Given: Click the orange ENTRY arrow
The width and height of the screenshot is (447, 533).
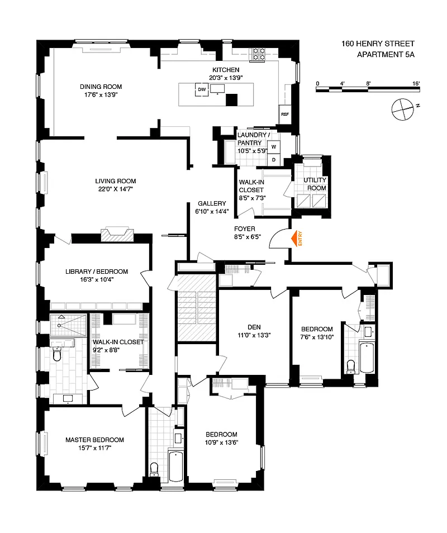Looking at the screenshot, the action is coord(294,239).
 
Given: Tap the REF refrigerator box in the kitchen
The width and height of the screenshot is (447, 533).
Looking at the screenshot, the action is coord(285,115).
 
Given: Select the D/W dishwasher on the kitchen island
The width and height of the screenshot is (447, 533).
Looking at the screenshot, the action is coord(202,90).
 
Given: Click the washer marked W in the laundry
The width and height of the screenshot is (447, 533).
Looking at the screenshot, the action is coord(274,147).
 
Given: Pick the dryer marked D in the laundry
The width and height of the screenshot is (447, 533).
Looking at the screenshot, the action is coord(274,160).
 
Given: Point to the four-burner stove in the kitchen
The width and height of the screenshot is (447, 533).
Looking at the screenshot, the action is coord(258,54).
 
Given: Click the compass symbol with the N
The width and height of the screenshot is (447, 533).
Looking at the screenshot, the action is coord(403,109).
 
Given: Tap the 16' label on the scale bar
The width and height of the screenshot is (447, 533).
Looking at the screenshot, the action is coord(416,83).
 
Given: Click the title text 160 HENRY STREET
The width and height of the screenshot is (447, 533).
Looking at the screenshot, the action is coord(378,44).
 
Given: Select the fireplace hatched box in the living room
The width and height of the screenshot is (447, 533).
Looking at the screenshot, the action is coord(117,235).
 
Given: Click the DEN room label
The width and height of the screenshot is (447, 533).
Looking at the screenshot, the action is coord(254,327).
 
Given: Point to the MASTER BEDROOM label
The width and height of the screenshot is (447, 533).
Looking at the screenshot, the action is coord(95,440).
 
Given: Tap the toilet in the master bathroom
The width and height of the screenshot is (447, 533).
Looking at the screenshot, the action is coord(57,354).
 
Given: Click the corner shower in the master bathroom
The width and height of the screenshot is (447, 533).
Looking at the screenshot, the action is coord(68,325).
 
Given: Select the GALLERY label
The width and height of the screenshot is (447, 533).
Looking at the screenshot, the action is coord(212,203).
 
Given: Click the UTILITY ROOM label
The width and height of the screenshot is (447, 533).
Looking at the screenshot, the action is coord(315,184).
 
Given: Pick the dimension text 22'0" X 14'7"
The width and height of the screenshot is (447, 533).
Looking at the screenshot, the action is coord(116,189).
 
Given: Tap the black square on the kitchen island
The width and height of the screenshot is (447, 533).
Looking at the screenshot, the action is coord(232,100).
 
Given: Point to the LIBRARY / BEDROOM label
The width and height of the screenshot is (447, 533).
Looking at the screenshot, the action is coord(97,272).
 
